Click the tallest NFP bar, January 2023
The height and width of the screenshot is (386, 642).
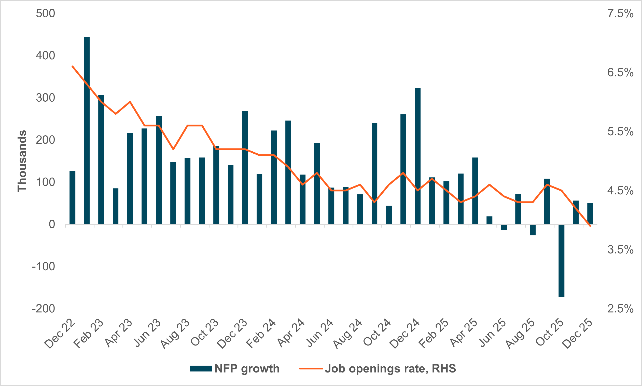87,130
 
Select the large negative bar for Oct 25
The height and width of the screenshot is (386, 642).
561,260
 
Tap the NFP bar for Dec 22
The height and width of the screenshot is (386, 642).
73,198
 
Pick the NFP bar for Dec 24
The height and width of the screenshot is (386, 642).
417,156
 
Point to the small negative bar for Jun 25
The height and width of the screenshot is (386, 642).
504,227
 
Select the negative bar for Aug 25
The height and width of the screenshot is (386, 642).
533,230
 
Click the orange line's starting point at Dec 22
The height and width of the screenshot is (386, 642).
73,66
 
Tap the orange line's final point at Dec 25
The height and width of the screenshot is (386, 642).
590,226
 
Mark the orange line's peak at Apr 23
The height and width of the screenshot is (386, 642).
130,102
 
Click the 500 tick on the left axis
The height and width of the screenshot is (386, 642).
46,13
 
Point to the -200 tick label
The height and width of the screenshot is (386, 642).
43,309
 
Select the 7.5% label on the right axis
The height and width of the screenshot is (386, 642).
620,13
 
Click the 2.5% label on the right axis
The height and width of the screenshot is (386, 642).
620,309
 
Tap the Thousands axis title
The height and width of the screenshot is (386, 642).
22,161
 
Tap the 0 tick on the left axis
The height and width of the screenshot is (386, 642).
52,224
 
